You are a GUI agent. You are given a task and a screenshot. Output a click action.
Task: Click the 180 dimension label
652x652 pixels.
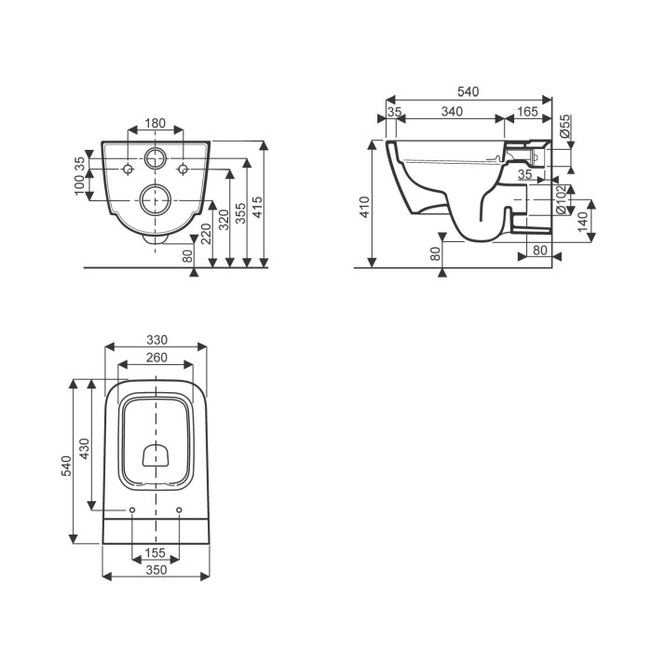pos(156,123)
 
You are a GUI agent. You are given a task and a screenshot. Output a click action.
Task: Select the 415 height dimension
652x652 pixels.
pos(258,207)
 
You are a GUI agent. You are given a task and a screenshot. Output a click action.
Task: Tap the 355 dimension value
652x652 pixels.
pos(240,213)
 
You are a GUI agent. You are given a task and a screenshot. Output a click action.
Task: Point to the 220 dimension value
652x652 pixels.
pos(206,234)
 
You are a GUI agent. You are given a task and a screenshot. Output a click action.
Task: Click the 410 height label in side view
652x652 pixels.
pos(365,207)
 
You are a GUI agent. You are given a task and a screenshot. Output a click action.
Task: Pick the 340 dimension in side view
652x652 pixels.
pos(452,112)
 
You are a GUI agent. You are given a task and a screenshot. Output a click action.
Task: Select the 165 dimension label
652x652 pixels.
pos(527,112)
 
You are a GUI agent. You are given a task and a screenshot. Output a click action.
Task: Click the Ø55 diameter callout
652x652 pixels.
pos(564,127)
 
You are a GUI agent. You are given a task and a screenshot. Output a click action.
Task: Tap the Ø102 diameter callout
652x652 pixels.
pos(561,200)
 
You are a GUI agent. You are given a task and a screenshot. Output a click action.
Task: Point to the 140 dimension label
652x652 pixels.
pos(582,222)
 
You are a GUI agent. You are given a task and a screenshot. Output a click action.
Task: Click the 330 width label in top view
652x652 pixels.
pos(156,340)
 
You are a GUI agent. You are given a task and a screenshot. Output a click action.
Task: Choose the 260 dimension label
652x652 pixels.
pos(156,358)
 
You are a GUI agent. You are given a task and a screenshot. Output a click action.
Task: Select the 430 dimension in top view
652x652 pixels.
pos(85,449)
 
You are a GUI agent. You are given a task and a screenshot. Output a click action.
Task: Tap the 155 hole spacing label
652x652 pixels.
pos(156,552)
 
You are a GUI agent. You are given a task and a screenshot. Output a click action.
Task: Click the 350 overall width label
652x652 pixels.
pos(156,570)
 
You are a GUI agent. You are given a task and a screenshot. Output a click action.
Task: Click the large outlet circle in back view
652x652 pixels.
pos(156,200)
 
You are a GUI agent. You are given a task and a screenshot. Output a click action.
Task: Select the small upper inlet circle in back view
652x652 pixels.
pos(156,158)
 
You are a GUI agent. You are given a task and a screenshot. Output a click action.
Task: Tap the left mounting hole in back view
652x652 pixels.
pos(128,170)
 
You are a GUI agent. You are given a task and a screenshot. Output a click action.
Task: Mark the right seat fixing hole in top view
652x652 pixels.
pos(179,510)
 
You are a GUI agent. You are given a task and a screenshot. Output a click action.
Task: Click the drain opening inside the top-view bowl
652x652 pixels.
pos(156,455)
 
